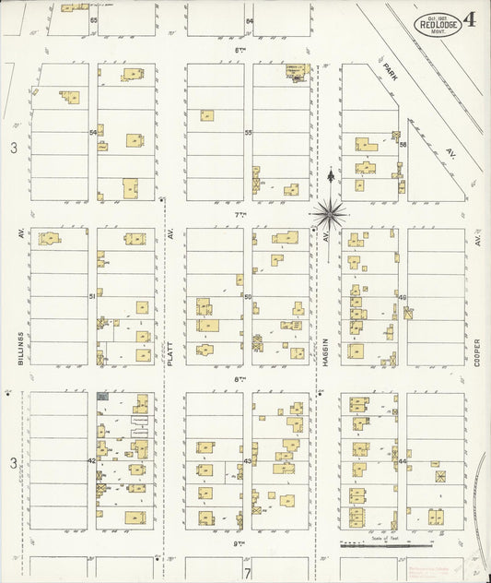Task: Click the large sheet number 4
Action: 470,20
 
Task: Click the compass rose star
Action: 330,213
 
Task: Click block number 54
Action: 93,133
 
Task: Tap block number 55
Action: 248,133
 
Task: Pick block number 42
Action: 92,460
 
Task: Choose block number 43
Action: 247,460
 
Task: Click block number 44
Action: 403,460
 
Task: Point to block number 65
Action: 93,19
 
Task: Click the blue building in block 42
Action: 102,397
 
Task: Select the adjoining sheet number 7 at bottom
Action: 247,572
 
